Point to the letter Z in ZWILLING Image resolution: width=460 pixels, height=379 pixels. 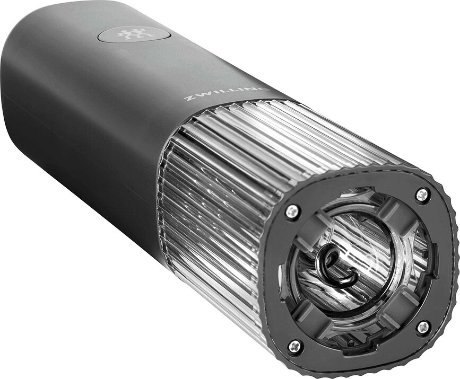point(187,98)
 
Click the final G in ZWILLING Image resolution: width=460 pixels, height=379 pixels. point(265,90)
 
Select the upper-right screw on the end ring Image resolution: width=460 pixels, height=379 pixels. point(422,195)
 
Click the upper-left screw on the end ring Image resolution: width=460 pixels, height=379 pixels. point(292,211)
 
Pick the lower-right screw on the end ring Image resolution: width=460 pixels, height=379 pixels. point(423,328)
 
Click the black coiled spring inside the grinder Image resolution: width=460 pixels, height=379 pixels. point(335,267)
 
